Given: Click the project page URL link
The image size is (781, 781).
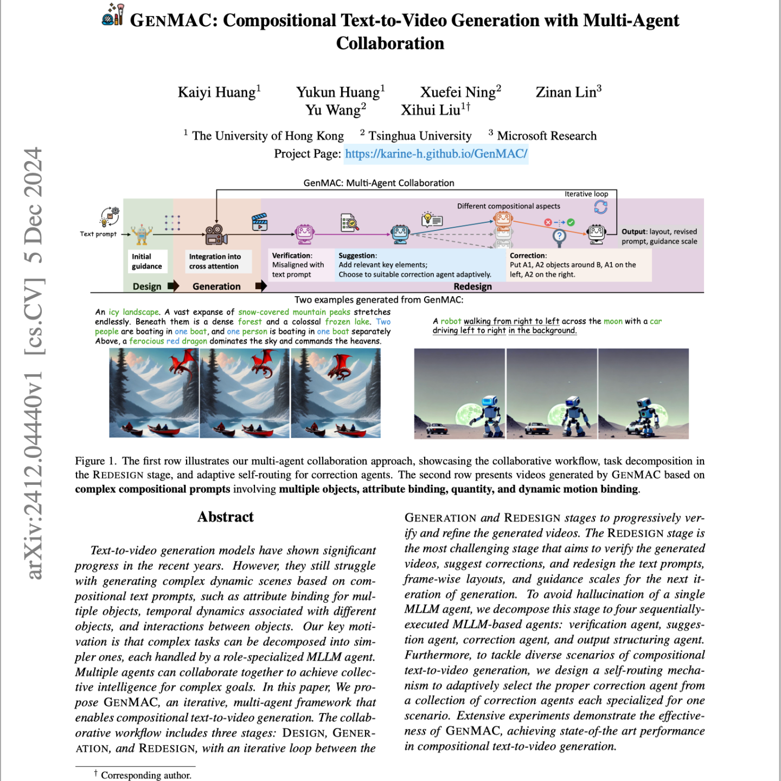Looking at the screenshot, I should (x=436, y=153).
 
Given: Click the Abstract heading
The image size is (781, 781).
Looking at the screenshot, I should (x=225, y=517).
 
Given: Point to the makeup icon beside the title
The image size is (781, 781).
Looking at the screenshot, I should (x=113, y=15).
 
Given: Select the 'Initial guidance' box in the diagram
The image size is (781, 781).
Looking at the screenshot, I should (x=146, y=261).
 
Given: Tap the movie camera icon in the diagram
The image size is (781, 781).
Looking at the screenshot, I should (x=216, y=234).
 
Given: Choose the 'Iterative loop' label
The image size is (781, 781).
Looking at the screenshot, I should (x=586, y=194).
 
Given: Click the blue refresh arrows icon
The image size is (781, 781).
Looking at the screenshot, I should (x=600, y=207).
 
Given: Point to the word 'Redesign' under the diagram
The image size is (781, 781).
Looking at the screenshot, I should (x=472, y=286).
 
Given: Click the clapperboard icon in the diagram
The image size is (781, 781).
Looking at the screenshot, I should (x=260, y=222).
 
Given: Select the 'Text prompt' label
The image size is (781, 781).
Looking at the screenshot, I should (x=98, y=234).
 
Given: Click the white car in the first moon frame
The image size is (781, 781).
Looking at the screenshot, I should (x=436, y=428).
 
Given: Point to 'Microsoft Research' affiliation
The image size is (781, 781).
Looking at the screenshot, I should (x=546, y=136).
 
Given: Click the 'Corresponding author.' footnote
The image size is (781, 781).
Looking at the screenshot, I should (x=146, y=775).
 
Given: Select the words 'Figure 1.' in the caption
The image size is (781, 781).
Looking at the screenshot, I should (x=95, y=461).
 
